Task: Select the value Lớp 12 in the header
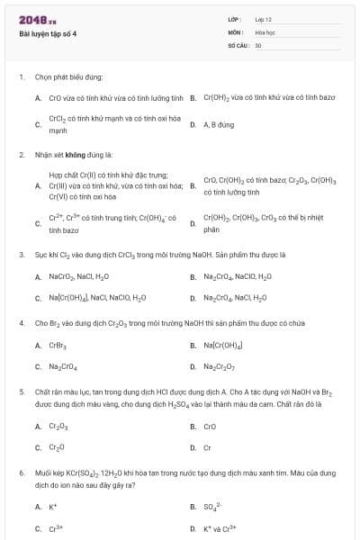tap(263, 19)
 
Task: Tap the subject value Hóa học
tap(265, 31)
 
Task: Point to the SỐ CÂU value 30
tap(258, 44)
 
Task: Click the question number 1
tap(21, 77)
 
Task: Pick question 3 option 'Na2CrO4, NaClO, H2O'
tap(236, 277)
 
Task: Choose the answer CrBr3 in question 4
tap(58, 345)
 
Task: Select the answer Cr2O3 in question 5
tap(58, 426)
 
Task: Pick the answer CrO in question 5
tap(210, 426)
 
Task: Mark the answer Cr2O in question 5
tap(57, 447)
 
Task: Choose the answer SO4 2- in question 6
tap(212, 506)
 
